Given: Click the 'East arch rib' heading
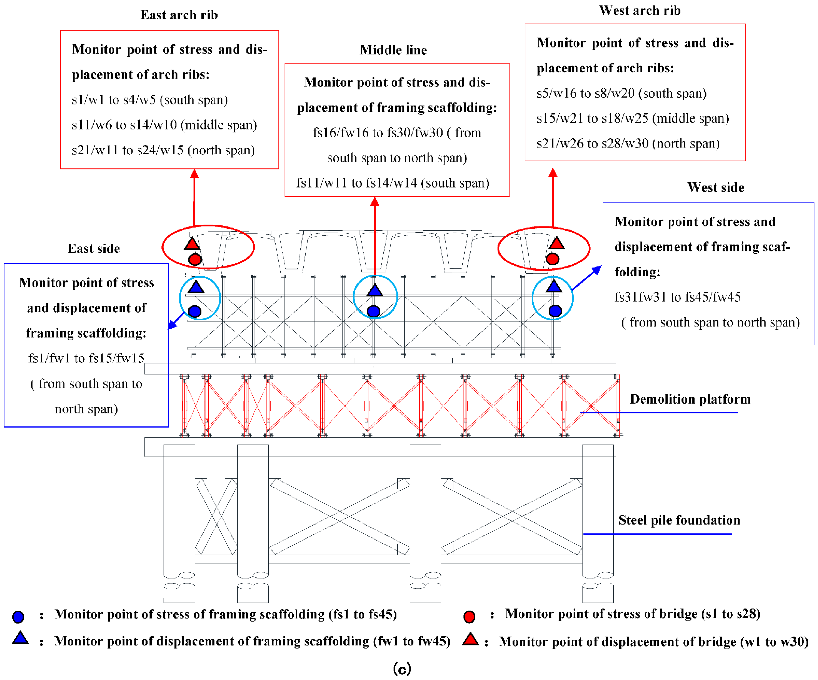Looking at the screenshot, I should pyautogui.click(x=179, y=15).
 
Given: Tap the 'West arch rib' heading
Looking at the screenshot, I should pyautogui.click(x=640, y=10).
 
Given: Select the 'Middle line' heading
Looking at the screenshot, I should pyautogui.click(x=393, y=50).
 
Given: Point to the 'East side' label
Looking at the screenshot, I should pyautogui.click(x=94, y=248).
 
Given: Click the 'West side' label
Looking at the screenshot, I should pyautogui.click(x=715, y=187).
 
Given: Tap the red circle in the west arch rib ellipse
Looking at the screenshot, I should pyautogui.click(x=552, y=259).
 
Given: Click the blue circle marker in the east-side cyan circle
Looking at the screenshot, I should pyautogui.click(x=194, y=311).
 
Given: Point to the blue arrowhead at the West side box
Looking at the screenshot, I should pyautogui.click(x=597, y=270).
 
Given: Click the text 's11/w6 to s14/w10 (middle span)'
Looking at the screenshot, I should pyautogui.click(x=164, y=125).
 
